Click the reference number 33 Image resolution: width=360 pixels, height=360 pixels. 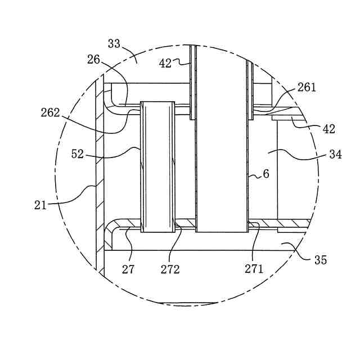tap(114, 44)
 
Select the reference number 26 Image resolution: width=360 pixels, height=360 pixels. tap(93, 60)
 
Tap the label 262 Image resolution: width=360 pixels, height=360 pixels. tap(51, 112)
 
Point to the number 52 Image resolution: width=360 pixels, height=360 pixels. tap(78, 154)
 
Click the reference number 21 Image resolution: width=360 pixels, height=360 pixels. tap(40, 205)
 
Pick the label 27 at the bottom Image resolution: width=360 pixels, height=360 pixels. tap(128, 269)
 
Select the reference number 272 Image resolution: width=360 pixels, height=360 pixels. tap(170, 269)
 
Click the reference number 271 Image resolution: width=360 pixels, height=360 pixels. tap(254, 269)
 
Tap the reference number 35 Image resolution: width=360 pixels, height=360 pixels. tap(321, 260)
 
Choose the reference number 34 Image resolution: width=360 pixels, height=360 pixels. tap(336, 154)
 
